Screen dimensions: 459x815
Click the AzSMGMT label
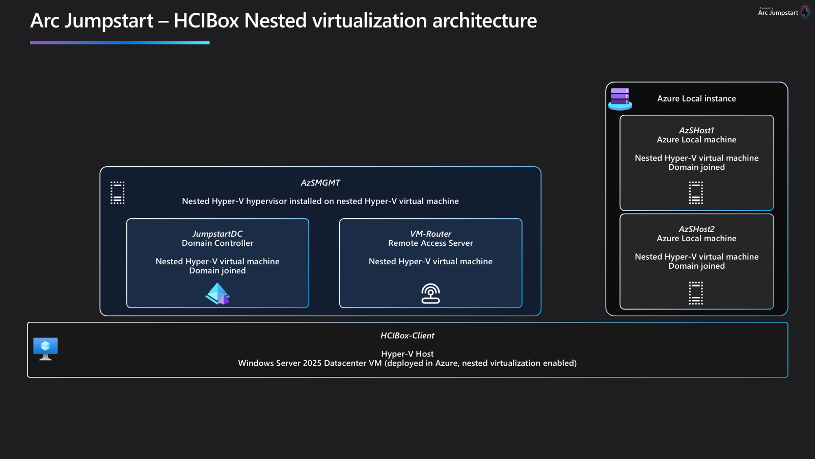click(320, 183)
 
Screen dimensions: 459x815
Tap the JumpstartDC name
click(218, 234)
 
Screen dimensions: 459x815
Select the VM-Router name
click(430, 234)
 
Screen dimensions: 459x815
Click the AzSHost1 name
click(696, 131)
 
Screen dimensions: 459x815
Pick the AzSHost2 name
click(696, 229)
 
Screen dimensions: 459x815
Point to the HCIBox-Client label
click(407, 336)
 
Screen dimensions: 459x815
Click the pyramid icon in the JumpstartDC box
click(218, 294)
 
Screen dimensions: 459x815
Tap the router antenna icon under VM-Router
click(430, 294)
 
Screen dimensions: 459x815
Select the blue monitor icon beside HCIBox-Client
click(45, 348)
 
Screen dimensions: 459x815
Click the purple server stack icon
click(620, 98)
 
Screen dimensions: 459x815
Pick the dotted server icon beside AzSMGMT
click(118, 193)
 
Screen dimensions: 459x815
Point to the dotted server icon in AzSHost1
click(696, 193)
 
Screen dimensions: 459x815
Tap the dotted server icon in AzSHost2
click(696, 293)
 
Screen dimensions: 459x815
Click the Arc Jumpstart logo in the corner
click(783, 12)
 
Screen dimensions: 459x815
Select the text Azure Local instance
click(696, 98)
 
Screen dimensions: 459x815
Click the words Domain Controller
click(218, 243)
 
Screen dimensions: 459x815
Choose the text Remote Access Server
click(430, 243)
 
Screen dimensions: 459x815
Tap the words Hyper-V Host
click(407, 354)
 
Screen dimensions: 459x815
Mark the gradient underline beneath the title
click(120, 43)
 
